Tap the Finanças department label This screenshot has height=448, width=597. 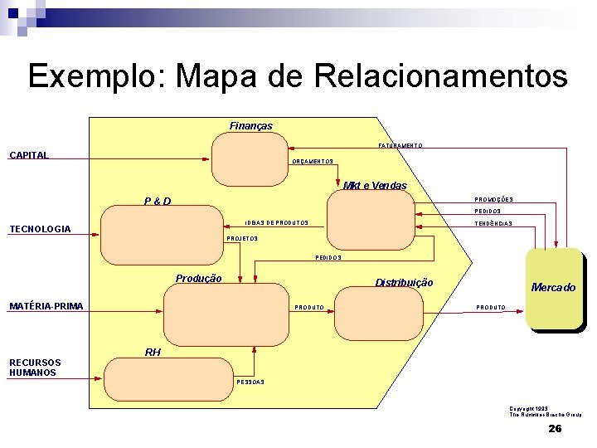tap(250, 126)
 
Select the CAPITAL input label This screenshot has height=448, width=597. tap(29, 155)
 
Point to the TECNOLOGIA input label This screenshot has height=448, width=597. tap(40, 229)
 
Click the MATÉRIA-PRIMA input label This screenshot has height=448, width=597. tap(46, 307)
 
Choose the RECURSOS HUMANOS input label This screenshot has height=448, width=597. tap(34, 368)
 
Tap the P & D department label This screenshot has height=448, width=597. tap(158, 201)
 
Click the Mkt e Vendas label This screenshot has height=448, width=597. tap(375, 186)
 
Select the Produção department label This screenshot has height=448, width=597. tap(198, 279)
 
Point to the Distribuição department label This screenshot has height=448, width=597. tap(404, 283)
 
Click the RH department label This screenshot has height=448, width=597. tap(153, 353)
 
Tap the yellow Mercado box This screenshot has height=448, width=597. tap(554, 288)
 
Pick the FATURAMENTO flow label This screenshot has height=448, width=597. tap(400, 146)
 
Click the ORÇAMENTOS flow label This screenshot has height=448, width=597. tap(313, 162)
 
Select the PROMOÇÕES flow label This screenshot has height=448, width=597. tap(493, 200)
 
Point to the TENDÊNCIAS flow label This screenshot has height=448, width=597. tap(493, 224)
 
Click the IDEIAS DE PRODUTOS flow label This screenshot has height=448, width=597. tap(276, 223)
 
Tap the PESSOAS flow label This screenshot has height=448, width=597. tap(250, 382)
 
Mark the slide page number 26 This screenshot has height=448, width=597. tap(555, 429)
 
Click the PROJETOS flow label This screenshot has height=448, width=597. tap(242, 239)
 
